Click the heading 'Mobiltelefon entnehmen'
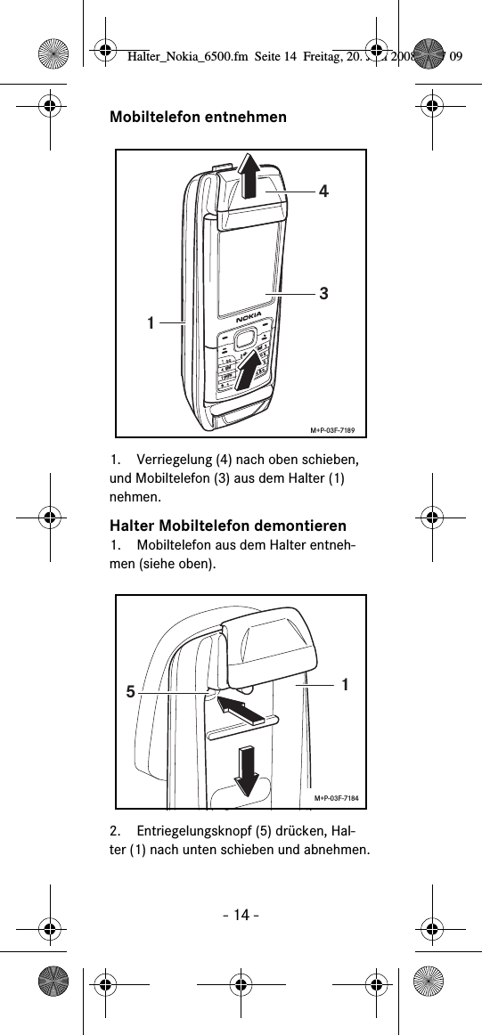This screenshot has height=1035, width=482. tap(198, 117)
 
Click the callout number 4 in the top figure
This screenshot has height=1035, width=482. tap(323, 191)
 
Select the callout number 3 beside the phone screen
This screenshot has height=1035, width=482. tap(324, 292)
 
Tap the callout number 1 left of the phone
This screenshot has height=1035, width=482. tap(153, 322)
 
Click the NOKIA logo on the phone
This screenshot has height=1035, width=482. tap(249, 318)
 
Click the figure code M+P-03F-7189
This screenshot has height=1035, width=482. tap(332, 431)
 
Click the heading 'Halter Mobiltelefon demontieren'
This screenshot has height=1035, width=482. tap(227, 525)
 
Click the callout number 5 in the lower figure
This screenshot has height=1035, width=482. tap(131, 690)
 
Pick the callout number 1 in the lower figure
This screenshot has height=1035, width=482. tap(345, 683)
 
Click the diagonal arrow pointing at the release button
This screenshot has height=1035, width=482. tap(243, 710)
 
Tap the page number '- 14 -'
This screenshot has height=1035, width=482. tap(241, 916)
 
